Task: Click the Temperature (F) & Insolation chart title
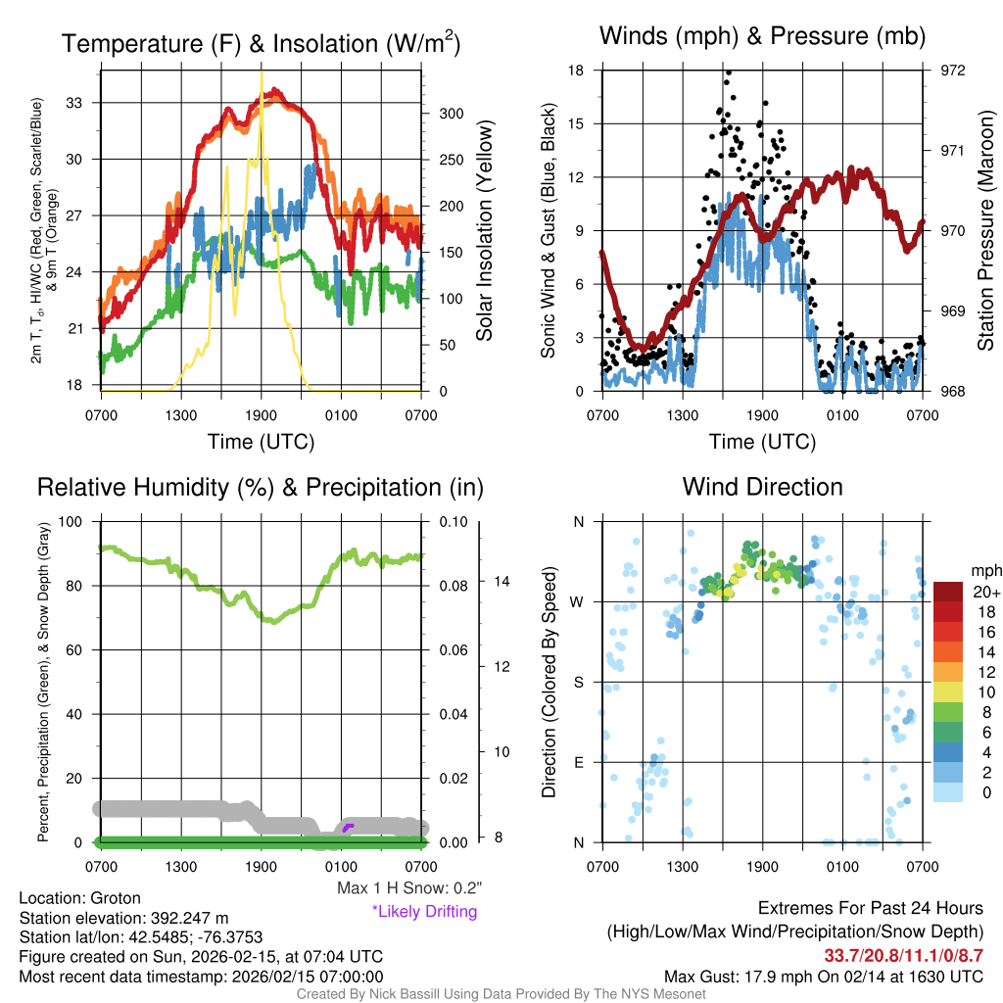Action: tap(261, 44)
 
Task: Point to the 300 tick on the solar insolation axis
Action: tap(442, 114)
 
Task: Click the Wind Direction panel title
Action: tap(762, 487)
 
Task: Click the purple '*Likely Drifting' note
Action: tap(424, 911)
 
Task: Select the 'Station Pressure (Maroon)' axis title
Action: tap(985, 231)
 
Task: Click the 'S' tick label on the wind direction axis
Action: tap(578, 682)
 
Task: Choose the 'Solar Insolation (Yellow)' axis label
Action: tap(484, 231)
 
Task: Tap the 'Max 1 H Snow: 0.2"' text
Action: tap(408, 888)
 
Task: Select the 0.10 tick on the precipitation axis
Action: tap(454, 522)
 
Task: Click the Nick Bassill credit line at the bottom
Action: tap(501, 994)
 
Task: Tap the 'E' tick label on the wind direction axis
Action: tap(578, 762)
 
